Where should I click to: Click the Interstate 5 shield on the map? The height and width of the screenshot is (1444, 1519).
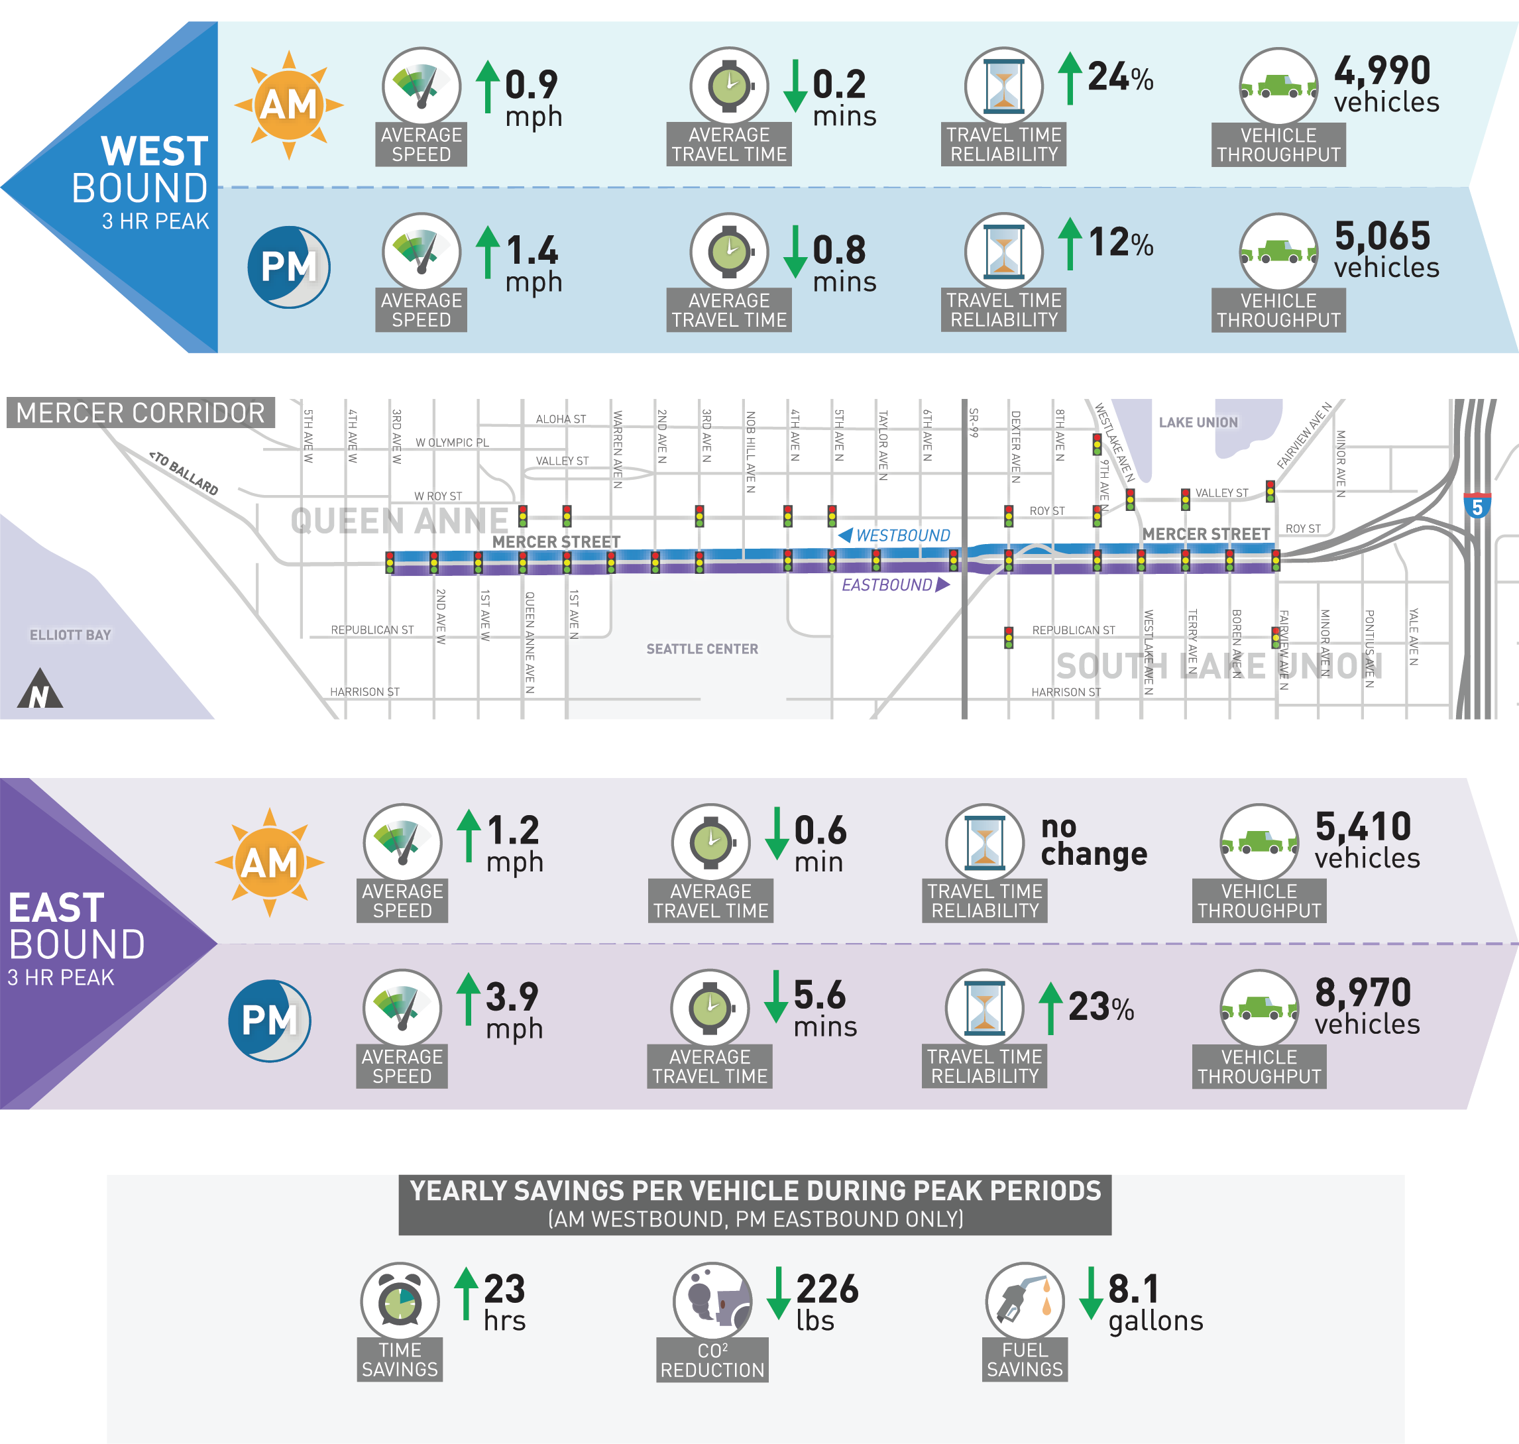(x=1476, y=506)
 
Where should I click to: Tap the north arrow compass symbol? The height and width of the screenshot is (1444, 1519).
(x=39, y=690)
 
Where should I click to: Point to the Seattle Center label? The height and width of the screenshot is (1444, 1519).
(x=701, y=649)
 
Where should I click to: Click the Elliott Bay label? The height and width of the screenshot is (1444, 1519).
(x=70, y=635)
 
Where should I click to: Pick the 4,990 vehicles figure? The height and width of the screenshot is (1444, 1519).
(x=1384, y=85)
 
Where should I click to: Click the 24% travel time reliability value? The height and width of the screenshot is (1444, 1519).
(x=1119, y=77)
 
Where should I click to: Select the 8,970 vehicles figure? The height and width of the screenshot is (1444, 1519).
(x=1366, y=1006)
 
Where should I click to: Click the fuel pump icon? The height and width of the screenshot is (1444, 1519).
(x=1023, y=1301)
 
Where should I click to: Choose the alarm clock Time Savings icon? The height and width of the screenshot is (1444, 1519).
(x=400, y=1301)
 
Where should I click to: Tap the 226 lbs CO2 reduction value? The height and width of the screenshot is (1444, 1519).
(x=826, y=1302)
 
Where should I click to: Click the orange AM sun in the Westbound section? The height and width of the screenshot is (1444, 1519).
(x=289, y=105)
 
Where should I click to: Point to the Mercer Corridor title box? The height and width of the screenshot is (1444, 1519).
(x=140, y=413)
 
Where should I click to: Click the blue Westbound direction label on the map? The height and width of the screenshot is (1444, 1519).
(x=895, y=535)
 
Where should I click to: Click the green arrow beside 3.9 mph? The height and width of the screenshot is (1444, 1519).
(x=468, y=998)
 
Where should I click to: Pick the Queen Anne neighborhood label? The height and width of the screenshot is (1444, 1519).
(x=399, y=521)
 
